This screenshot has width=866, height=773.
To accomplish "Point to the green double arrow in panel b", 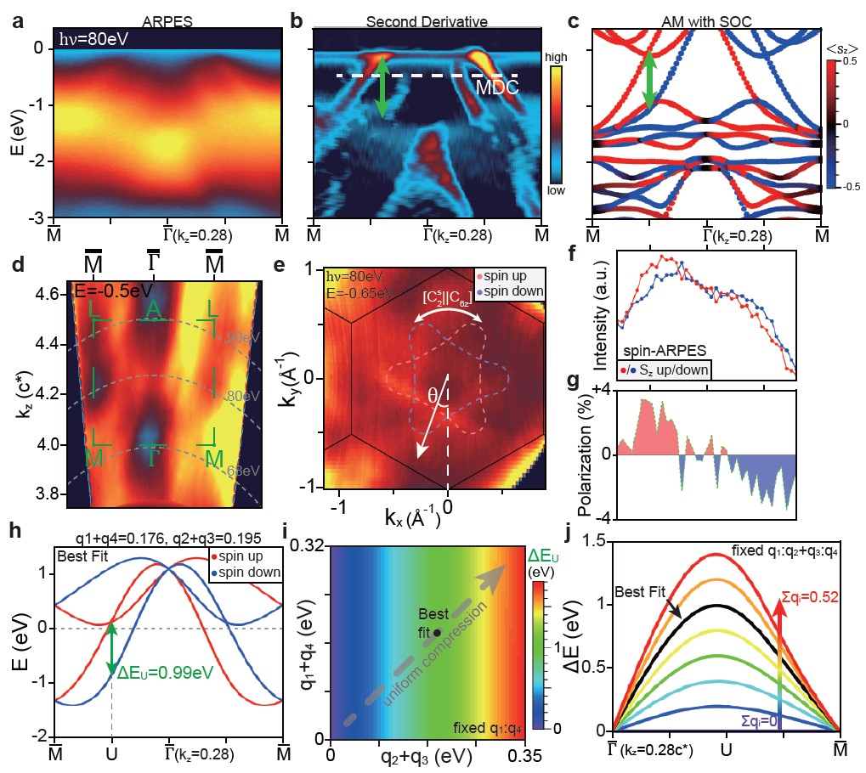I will point(382,86).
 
